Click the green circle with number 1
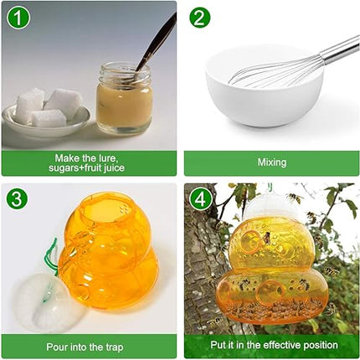pyautogui.click(x=18, y=18)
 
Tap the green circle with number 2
pyautogui.click(x=200, y=17)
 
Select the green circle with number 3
pyautogui.click(x=17, y=198)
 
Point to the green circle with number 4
pyautogui.click(x=200, y=199)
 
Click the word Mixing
pyautogui.click(x=272, y=162)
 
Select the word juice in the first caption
pyautogui.click(x=114, y=168)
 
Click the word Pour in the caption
pyautogui.click(x=55, y=347)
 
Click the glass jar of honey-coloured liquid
pyautogui.click(x=125, y=98)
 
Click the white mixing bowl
pyautogui.click(x=265, y=86)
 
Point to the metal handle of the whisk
pyautogui.click(x=340, y=48)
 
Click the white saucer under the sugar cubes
pyautogui.click(x=46, y=121)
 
